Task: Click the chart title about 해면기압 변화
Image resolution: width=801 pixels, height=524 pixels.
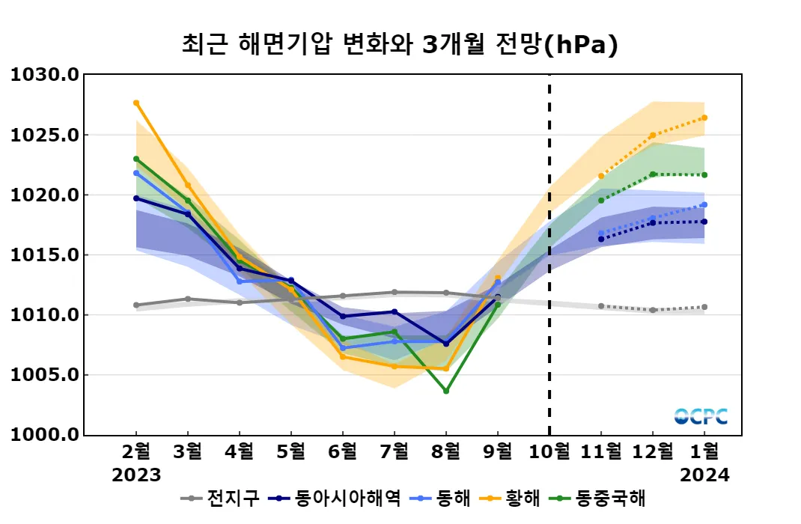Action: coord(400,44)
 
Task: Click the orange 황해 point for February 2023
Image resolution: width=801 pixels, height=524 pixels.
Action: coord(136,103)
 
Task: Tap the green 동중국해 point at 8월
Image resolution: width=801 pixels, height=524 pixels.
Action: coord(446,391)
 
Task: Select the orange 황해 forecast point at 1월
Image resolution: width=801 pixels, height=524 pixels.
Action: coord(704,118)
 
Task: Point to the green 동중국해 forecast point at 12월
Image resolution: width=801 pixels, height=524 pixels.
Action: coord(653,174)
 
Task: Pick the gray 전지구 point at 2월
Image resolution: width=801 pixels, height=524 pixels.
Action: coord(136,305)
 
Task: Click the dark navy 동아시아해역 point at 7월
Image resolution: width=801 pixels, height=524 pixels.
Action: coord(395,311)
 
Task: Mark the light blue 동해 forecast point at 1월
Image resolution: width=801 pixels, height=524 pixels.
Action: coord(704,204)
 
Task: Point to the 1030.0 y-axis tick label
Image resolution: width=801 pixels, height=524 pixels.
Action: coord(43,75)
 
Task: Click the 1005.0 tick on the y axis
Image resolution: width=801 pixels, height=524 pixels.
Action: coord(43,375)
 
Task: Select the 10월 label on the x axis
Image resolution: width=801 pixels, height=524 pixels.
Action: coord(549,451)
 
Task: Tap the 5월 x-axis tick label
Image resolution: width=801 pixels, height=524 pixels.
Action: coord(291,451)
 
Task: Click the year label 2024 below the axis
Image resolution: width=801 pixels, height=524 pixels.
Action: coord(704,475)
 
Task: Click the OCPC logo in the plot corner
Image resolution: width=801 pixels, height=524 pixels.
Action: coord(701,417)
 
